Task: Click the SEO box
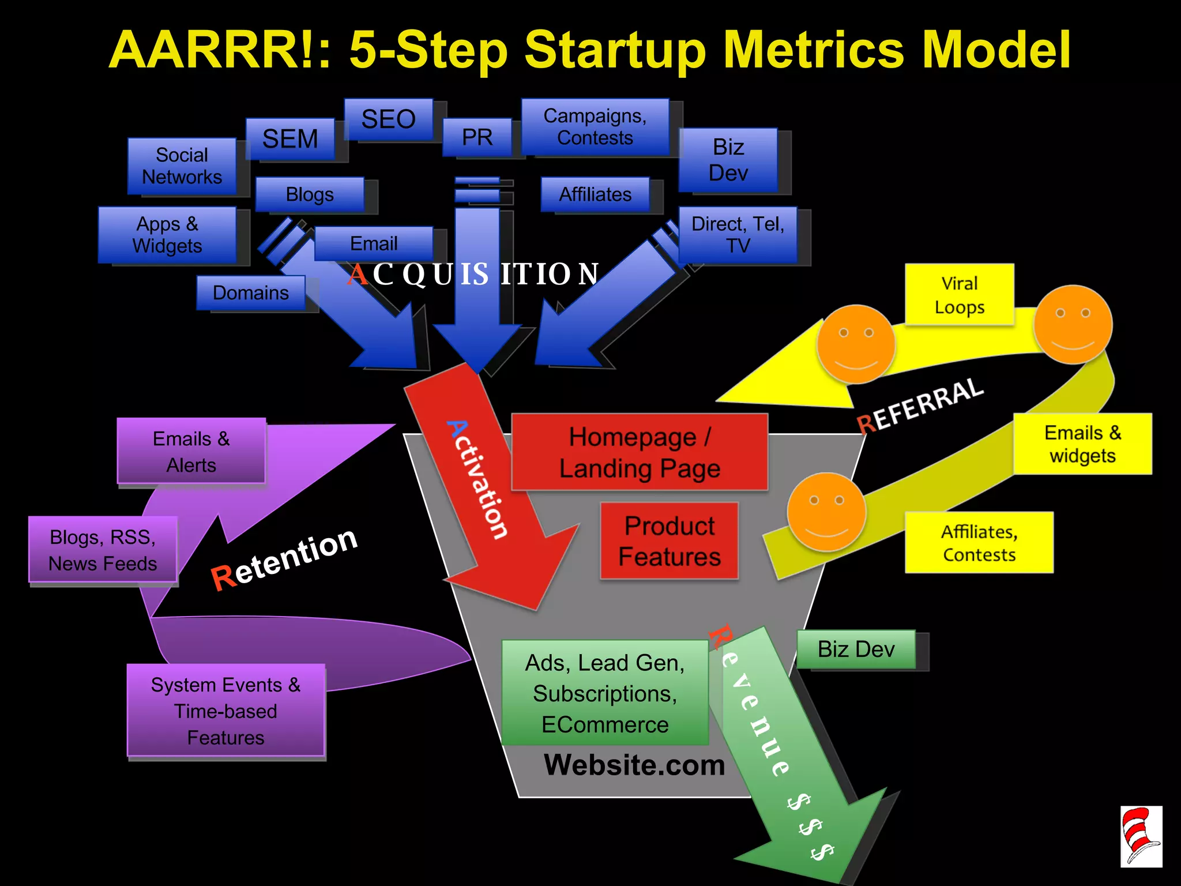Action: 388,119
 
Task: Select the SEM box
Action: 290,139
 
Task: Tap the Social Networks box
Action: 182,166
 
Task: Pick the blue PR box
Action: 477,137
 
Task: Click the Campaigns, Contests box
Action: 595,127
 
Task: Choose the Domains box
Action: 251,292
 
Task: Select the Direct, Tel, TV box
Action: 738,235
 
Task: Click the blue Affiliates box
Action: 595,194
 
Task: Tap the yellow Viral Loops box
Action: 959,295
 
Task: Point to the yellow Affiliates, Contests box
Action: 979,542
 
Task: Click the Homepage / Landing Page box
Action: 639,452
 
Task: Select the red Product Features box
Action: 669,541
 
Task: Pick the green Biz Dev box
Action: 856,650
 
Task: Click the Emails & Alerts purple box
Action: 191,451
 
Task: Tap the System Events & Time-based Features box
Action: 225,711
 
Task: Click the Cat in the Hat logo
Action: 1141,836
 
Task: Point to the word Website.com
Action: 634,765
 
